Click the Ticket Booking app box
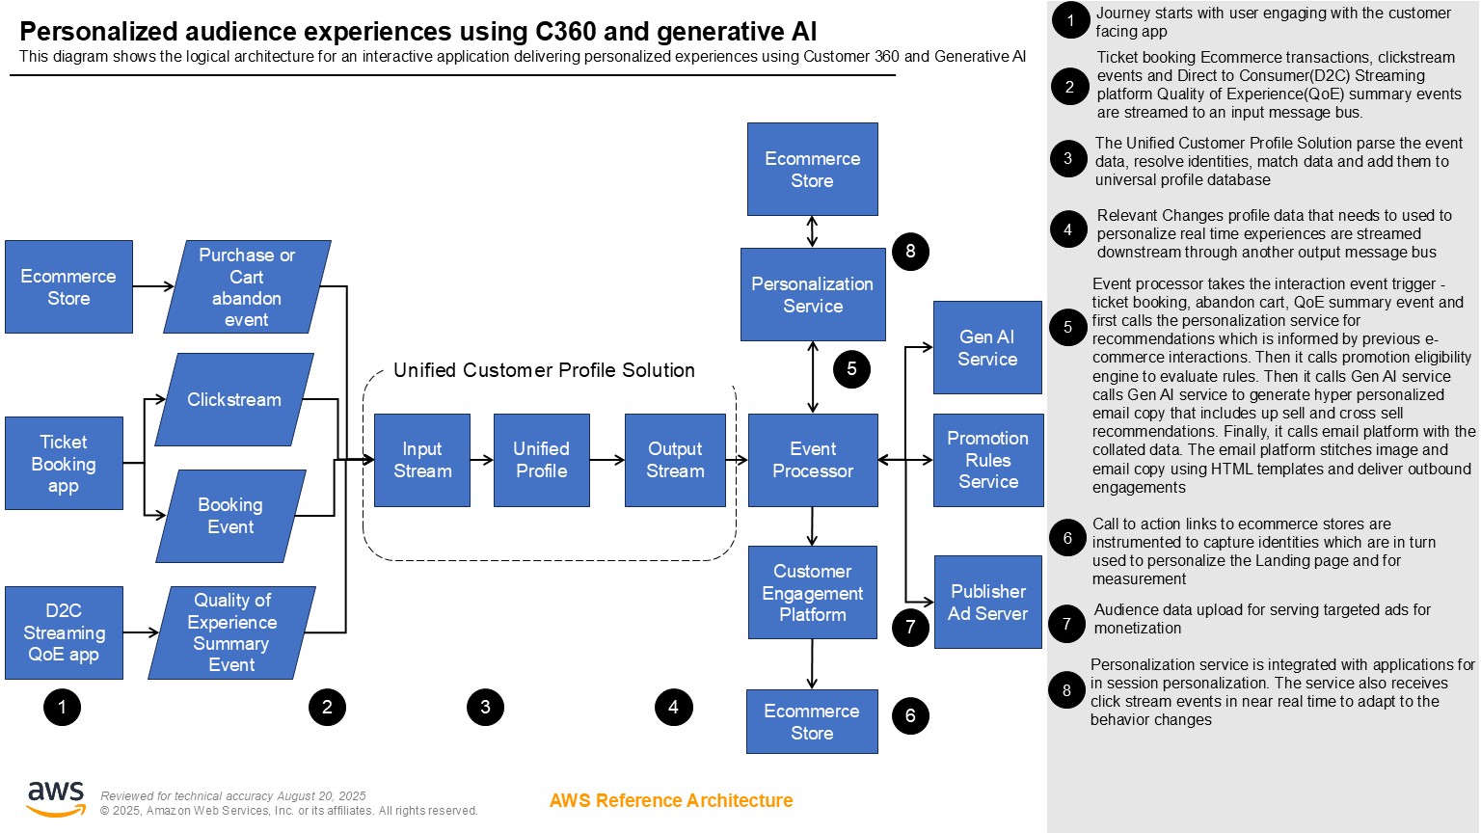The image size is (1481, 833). (x=64, y=463)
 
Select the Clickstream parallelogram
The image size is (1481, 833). (x=234, y=399)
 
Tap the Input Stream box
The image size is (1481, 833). (x=422, y=460)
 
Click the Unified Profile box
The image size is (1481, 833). (x=541, y=460)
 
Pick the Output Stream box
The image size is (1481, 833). (x=675, y=460)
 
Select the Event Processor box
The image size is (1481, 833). (x=813, y=460)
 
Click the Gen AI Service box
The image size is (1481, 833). (x=987, y=347)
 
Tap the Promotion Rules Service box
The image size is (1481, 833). (x=988, y=460)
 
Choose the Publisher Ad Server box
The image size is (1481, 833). (x=988, y=602)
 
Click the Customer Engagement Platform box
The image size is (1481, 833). (x=813, y=592)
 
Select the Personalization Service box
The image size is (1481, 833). (x=813, y=294)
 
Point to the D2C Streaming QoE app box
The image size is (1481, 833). (x=64, y=632)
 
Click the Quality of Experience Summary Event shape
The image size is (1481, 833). (x=232, y=632)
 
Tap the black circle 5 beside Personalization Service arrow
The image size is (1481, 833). (x=851, y=368)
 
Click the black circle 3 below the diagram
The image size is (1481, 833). (x=485, y=707)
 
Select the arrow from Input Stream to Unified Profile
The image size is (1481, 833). (x=481, y=460)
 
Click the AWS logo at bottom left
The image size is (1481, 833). (x=56, y=798)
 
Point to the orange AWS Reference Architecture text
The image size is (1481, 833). (x=671, y=800)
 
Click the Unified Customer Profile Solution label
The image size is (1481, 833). (x=544, y=370)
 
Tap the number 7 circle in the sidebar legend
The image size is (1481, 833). (x=1066, y=624)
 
